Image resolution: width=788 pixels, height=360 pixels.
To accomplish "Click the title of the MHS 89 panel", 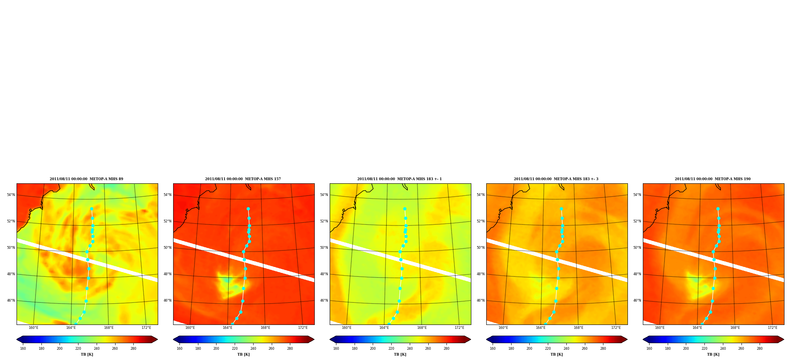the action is pos(86,179).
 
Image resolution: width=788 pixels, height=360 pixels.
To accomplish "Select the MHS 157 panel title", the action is pos(243,179).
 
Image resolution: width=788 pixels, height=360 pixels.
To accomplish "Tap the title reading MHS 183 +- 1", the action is pos(400,179).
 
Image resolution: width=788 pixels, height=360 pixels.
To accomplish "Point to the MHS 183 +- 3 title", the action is pos(556,179).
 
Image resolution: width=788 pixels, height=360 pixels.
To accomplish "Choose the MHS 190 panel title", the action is pos(713,179).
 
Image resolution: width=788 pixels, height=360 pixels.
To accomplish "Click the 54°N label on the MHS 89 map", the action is pos(11,195).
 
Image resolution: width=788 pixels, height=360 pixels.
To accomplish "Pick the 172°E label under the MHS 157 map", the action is pos(303,328).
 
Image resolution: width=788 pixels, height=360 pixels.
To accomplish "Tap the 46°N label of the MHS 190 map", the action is pos(637,300).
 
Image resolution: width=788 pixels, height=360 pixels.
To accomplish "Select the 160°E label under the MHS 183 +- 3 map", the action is pos(503,328).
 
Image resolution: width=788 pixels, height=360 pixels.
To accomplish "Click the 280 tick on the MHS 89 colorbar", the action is pos(133,349).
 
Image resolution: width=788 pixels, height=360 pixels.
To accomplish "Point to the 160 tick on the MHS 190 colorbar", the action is pos(649,349).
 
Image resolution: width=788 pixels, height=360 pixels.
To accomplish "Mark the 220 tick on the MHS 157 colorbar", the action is pos(235,349).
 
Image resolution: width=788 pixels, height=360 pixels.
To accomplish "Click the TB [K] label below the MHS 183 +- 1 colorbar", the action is pos(400,354).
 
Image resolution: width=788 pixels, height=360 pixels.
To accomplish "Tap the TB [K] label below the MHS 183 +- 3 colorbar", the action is pos(556,354).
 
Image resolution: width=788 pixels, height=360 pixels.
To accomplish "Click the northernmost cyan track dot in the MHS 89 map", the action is pos(91,209).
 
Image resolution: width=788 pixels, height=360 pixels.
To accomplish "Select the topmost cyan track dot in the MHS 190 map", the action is pos(718,209).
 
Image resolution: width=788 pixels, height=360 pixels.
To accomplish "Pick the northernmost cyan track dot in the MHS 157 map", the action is pos(248,209).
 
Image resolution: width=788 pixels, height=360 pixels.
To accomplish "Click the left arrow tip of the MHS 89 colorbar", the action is pos(17,339).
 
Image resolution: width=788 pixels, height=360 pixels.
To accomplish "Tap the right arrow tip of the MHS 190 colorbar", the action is pos(784,339).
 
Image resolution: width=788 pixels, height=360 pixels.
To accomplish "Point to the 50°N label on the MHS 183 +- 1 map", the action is pos(324,248).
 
